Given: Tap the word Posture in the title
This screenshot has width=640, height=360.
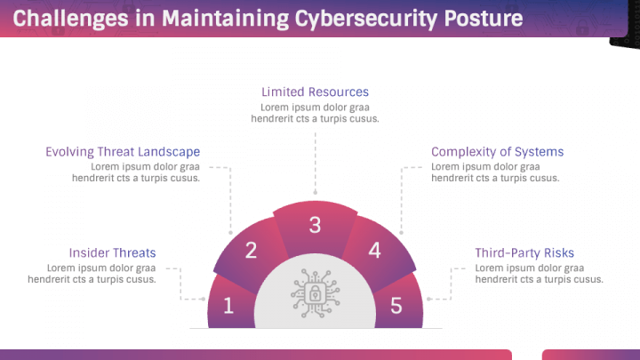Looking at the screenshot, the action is coord(484,18).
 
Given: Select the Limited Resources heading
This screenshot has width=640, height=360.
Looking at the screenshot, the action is coord(315,92).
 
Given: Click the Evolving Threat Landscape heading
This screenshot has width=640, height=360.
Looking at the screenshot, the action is coord(123,152).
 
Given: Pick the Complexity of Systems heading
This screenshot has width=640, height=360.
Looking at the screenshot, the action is coord(497,152).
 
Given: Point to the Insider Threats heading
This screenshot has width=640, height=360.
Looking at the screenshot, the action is coord(112,253).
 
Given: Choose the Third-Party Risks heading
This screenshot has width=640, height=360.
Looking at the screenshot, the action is coord(524,253).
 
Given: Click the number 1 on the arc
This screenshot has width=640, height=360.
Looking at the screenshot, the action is coord(228,306).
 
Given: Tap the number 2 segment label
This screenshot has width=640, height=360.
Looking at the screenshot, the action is coord(251,250).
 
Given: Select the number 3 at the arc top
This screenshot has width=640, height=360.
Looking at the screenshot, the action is coord(315,225).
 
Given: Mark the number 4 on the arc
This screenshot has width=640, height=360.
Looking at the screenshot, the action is coord(375,250).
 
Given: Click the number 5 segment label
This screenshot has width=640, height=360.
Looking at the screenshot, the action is coord(396,306).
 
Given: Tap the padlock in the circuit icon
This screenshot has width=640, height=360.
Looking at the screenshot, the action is coord(315,293).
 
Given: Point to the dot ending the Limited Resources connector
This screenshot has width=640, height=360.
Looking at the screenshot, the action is coord(315,192).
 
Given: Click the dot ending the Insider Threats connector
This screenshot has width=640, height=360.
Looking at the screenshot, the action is coord(204,299).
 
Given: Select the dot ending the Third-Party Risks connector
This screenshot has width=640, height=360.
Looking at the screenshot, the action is coord(428,299).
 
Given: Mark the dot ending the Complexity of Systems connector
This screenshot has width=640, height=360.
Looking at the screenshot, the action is coord(401,233).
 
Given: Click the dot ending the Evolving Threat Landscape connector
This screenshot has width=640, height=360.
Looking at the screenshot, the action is coord(230,233).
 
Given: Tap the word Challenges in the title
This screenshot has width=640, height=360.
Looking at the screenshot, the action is coord(70,19).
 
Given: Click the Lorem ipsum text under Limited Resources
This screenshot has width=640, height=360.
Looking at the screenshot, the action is coord(315,113).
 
